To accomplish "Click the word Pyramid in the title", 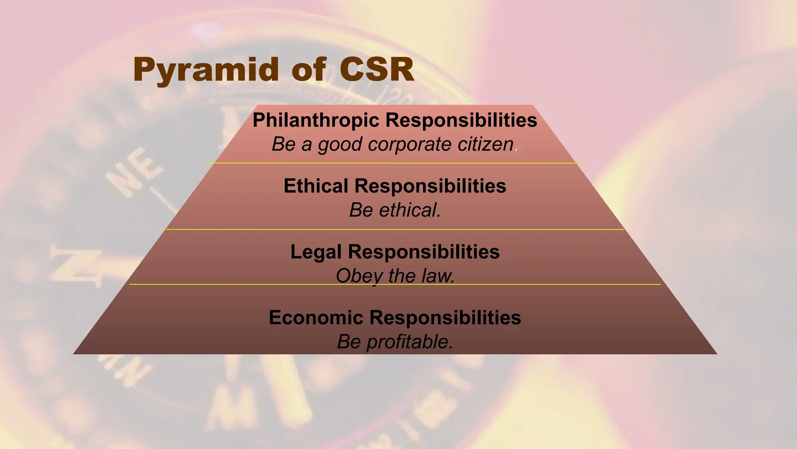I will [x=206, y=70].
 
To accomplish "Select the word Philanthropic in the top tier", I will [x=316, y=120].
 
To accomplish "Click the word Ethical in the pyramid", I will [x=316, y=186].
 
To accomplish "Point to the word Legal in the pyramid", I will [x=316, y=252].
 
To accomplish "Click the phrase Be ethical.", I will [x=395, y=210].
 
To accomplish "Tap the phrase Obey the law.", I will [x=395, y=276].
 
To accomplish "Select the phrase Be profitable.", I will [x=395, y=342].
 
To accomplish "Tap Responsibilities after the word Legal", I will [x=424, y=252].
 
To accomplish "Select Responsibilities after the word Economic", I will [x=445, y=318].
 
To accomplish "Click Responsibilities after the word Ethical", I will [x=430, y=186].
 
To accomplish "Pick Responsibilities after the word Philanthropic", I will [x=461, y=120].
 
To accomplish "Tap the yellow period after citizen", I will [x=516, y=150].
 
